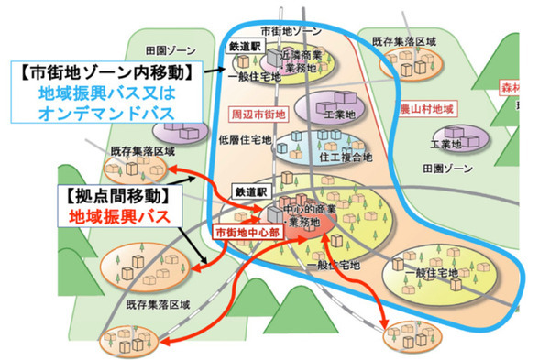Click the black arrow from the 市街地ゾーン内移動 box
coord(217,69)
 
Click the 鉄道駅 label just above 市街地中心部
coord(248,194)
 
